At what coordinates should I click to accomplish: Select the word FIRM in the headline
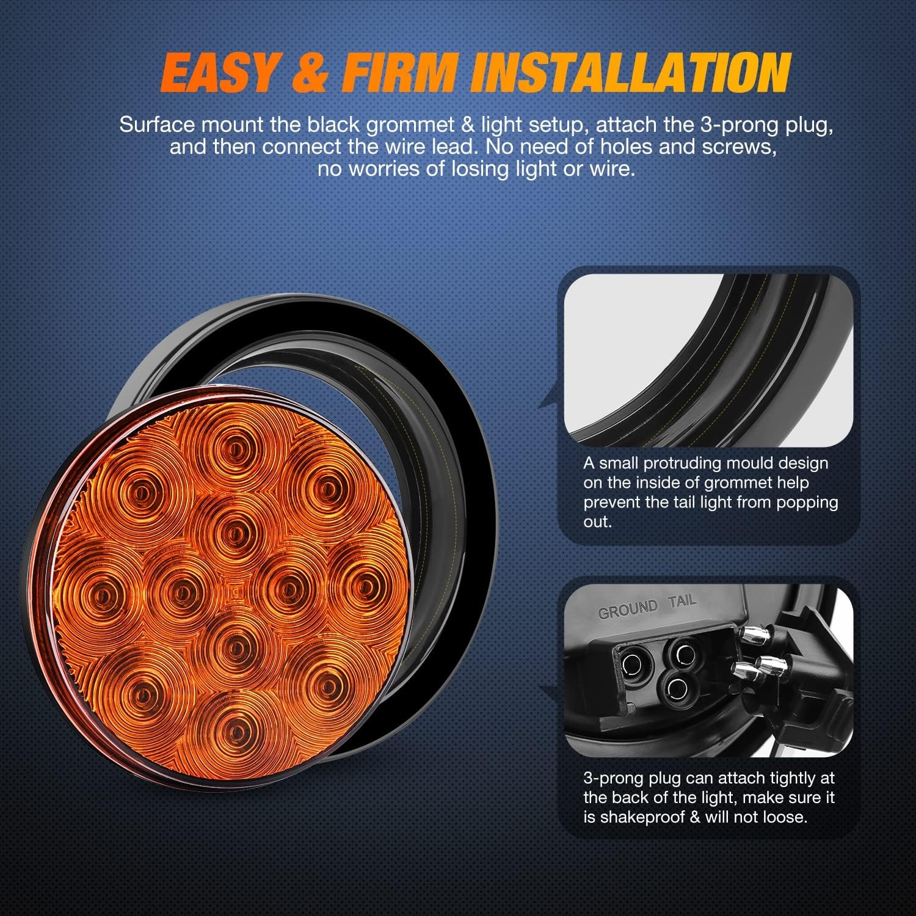tap(400, 72)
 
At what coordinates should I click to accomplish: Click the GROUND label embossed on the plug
tap(628, 609)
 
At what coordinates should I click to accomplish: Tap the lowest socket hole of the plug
tap(677, 689)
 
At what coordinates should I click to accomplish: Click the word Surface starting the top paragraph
tap(158, 125)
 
